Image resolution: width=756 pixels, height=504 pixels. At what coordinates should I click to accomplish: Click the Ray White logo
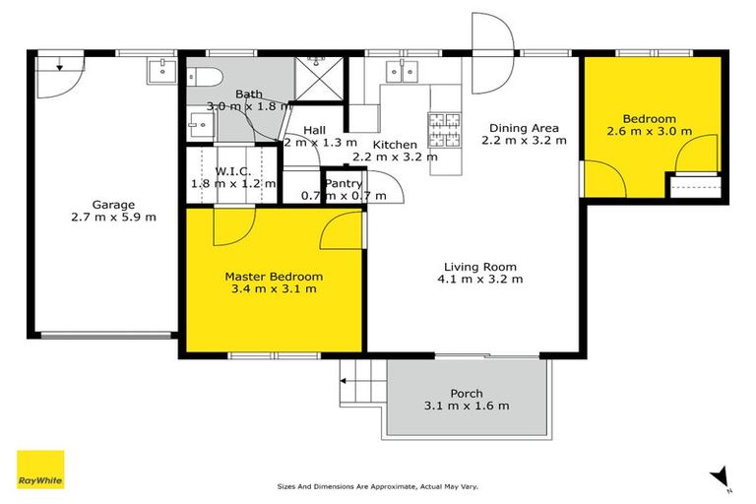[40, 470]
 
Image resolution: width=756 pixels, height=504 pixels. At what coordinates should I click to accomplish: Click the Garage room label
[113, 206]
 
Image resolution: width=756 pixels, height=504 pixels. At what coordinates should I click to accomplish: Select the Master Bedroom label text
[274, 277]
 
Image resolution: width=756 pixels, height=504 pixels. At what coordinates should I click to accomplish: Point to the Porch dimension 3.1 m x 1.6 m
[467, 406]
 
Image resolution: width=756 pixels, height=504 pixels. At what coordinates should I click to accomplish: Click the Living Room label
[479, 266]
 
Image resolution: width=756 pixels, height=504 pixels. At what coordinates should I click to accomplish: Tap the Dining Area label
[520, 128]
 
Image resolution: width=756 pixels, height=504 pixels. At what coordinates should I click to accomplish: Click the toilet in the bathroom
[202, 77]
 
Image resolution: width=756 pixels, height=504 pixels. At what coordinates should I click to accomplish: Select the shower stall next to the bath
[319, 76]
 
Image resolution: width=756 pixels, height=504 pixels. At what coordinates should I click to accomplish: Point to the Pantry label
[344, 183]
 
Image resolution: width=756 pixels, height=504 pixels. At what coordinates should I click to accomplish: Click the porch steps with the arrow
[360, 385]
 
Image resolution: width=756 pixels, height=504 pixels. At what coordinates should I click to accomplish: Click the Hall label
[315, 130]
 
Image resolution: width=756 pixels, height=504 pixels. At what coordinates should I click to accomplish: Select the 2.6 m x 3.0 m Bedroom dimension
[649, 131]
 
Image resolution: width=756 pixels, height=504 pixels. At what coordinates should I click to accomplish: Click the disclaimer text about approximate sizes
[378, 486]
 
